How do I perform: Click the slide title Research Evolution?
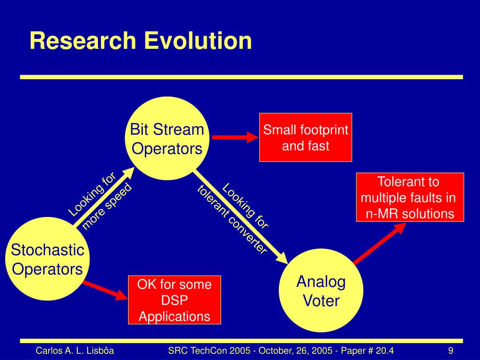click(141, 41)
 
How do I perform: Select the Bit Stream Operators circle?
click(167, 138)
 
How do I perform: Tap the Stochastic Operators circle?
click(47, 259)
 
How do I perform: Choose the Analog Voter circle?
click(321, 290)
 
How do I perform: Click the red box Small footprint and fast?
click(306, 137)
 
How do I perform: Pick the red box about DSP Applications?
click(174, 300)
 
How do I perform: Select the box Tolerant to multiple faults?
click(410, 197)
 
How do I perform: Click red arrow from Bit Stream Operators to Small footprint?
click(235, 137)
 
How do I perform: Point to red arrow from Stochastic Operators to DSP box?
click(105, 290)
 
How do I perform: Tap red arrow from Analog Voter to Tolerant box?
click(380, 243)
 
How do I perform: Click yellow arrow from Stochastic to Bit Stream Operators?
click(104, 197)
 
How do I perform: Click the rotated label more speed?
click(107, 206)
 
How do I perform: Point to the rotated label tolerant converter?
click(232, 219)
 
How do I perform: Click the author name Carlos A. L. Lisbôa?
click(75, 351)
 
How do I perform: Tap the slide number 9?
click(450, 351)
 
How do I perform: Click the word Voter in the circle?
click(321, 300)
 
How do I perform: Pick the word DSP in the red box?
click(174, 300)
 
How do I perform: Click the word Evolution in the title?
click(198, 41)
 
